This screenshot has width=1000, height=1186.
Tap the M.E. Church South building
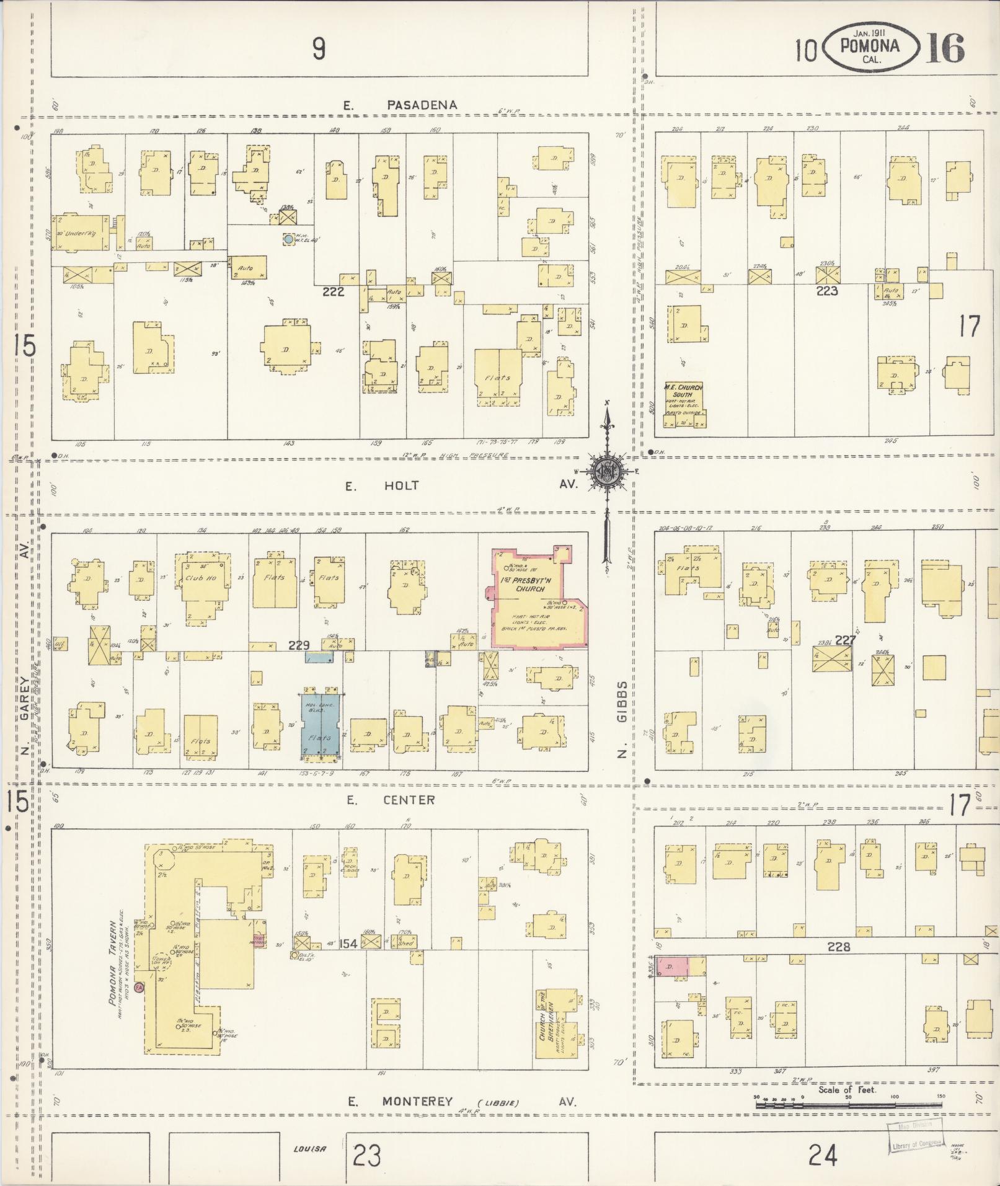(684, 405)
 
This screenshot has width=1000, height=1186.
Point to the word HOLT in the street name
(400, 485)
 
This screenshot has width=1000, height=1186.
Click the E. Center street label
(391, 800)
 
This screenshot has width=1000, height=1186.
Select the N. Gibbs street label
(622, 719)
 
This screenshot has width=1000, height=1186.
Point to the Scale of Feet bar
(847, 1097)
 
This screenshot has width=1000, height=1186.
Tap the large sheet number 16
(945, 48)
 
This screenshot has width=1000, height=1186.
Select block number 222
(333, 291)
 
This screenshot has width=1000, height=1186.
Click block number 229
(298, 645)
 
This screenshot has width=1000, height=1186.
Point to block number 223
(827, 291)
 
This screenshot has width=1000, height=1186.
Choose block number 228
(838, 947)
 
